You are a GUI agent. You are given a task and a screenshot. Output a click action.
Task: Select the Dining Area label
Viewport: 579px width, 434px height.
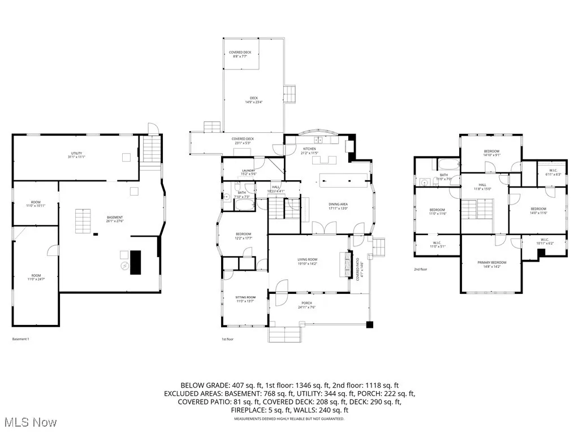[x=338, y=206]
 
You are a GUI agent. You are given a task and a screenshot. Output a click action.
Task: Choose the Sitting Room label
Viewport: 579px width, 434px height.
[x=245, y=299]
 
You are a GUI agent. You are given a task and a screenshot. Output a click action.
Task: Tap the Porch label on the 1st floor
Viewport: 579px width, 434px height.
[x=306, y=305]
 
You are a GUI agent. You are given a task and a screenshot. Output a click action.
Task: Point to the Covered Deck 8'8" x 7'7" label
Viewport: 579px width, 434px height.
[x=240, y=54]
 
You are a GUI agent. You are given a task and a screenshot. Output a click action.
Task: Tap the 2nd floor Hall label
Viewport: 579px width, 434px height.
[x=482, y=186]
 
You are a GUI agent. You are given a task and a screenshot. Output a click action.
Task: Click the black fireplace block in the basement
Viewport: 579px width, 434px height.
[x=136, y=262]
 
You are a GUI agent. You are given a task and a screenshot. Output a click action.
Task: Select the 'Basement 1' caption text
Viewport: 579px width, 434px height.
[x=20, y=339]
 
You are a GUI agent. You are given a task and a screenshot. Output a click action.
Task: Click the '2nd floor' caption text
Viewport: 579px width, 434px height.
[x=420, y=270]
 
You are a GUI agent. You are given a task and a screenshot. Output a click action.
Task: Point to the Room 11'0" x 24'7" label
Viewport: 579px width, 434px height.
[x=36, y=277]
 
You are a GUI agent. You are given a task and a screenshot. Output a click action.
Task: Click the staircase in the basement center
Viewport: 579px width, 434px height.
[x=83, y=220]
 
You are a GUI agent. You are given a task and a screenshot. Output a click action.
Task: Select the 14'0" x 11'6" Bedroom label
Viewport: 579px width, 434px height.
[x=538, y=210]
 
